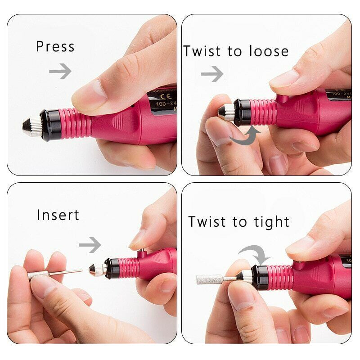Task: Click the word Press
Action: coord(55,47)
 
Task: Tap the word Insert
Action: coord(58,215)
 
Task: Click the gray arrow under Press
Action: coord(60,71)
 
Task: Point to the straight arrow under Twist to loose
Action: coord(212,73)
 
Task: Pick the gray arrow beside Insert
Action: coord(90,245)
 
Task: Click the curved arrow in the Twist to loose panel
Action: coord(246,135)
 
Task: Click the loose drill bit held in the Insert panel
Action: coord(54,273)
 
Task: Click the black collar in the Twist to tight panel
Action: coord(259,275)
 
